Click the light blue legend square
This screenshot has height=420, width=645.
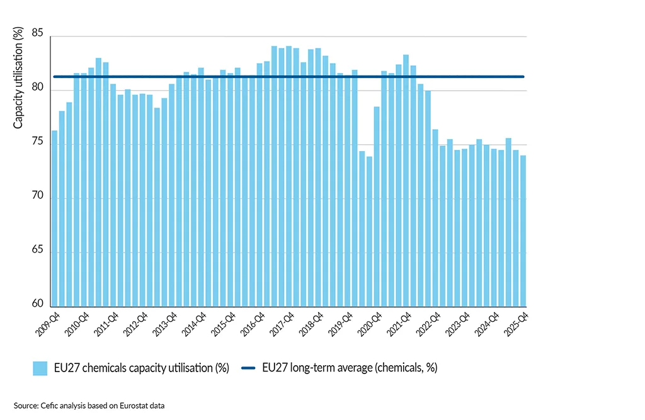(40, 368)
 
